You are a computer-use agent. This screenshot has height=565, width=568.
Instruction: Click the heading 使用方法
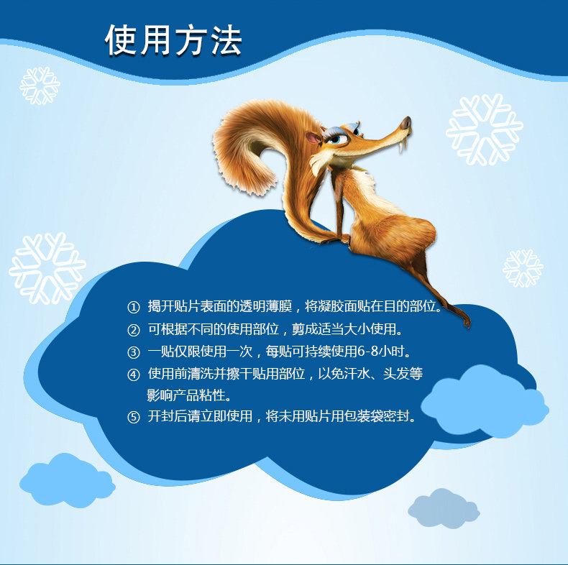(x=173, y=40)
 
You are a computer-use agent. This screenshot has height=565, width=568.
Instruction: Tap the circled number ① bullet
(x=133, y=308)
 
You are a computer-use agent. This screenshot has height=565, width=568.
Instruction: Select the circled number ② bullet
(x=133, y=330)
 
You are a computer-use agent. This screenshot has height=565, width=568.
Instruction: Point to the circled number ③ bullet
(x=133, y=352)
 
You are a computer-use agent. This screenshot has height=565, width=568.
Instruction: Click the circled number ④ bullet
(x=133, y=375)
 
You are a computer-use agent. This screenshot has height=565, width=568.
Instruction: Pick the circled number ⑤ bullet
(x=133, y=417)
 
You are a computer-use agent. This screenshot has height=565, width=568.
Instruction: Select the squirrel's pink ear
(x=313, y=137)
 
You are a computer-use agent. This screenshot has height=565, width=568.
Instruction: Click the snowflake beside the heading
(x=40, y=86)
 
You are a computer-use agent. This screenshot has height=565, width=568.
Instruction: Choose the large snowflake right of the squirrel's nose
(x=485, y=129)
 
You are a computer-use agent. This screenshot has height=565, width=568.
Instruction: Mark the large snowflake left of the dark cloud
(x=47, y=268)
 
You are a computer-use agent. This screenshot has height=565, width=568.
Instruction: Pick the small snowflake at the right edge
(x=523, y=268)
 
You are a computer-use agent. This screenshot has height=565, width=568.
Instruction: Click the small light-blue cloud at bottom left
(x=68, y=480)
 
